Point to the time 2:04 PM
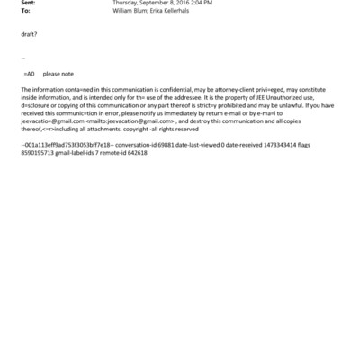200,4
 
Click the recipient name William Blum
132,12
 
